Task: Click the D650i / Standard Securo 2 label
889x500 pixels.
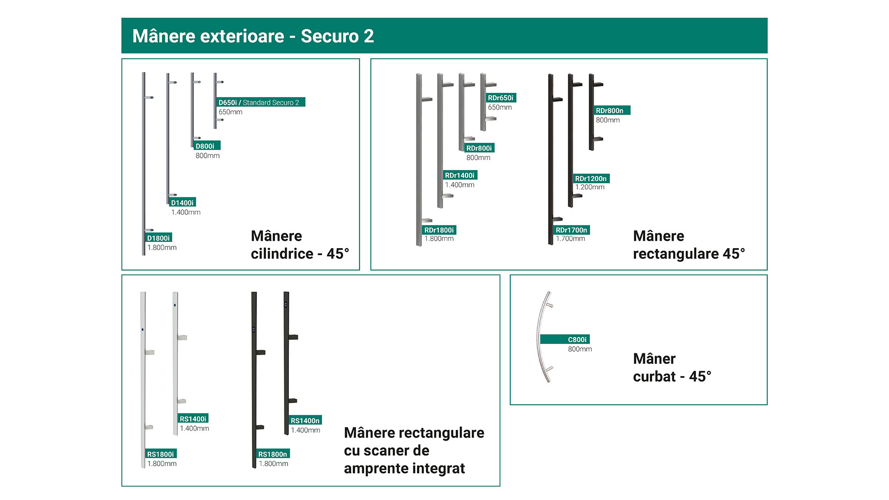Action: (x=261, y=102)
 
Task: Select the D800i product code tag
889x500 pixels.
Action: (x=207, y=146)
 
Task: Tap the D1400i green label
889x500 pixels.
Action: (x=182, y=202)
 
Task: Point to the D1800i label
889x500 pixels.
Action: (x=159, y=237)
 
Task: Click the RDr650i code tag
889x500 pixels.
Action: (x=501, y=98)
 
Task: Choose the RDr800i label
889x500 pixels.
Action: (x=479, y=148)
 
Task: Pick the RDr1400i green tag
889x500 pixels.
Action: (x=460, y=175)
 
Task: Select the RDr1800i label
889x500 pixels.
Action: (x=439, y=230)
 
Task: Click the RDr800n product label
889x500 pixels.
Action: (x=612, y=110)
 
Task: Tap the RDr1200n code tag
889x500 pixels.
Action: (x=591, y=178)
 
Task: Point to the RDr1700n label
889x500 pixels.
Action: (x=572, y=230)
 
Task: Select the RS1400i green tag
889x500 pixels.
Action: (x=193, y=419)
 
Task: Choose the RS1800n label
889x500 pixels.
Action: (x=273, y=454)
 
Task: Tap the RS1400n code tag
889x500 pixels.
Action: (x=305, y=420)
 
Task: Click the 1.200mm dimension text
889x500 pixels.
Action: (x=590, y=187)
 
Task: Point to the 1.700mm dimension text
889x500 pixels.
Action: (x=570, y=238)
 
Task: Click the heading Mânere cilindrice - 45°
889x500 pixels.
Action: (x=300, y=245)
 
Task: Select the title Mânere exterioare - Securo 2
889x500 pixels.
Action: (x=253, y=36)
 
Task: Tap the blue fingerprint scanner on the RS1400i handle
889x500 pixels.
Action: (x=175, y=305)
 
